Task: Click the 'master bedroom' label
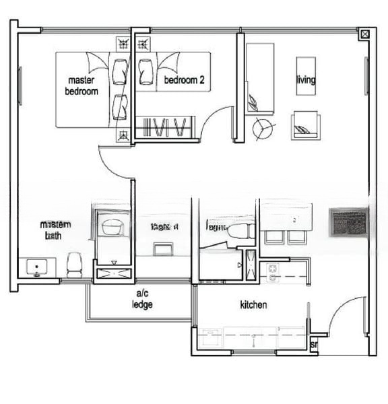(82, 86)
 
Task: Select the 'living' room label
(306, 80)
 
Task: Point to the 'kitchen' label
(253, 305)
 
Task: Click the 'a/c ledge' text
(142, 299)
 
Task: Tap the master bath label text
(55, 230)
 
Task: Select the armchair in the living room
(304, 125)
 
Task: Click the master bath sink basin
(37, 268)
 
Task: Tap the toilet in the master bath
(74, 264)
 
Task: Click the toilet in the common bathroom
(238, 232)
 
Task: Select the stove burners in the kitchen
(273, 272)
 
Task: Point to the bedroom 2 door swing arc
(217, 119)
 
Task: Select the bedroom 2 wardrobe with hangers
(166, 127)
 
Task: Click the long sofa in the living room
(259, 77)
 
